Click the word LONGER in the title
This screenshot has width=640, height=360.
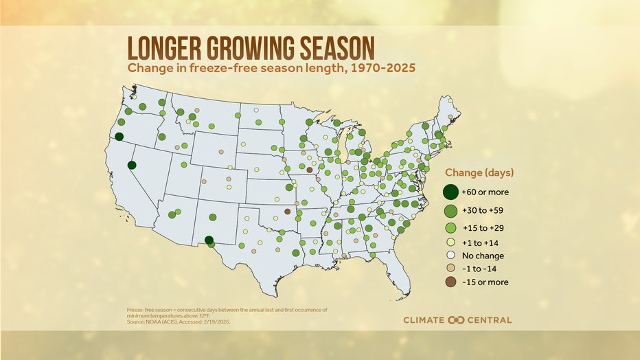[x=162, y=48]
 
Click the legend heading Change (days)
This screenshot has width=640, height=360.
[x=479, y=172]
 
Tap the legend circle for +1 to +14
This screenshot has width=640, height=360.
[x=451, y=242]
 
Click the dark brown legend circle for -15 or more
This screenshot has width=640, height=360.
[x=451, y=282]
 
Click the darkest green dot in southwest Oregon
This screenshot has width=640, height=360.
[x=119, y=137]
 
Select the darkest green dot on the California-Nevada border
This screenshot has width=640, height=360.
[x=131, y=165]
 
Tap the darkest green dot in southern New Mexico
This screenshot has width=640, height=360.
[x=209, y=240]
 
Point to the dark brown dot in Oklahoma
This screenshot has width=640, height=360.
[x=287, y=212]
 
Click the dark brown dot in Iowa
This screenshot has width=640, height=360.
[x=310, y=170]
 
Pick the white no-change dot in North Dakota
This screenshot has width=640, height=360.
[x=256, y=110]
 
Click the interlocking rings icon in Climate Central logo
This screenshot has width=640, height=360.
[x=457, y=320]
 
